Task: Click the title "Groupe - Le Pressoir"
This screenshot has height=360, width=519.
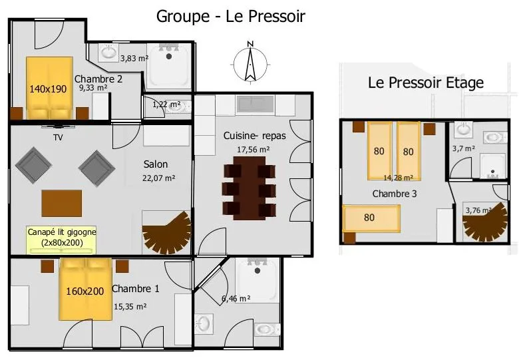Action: [x=230, y=16]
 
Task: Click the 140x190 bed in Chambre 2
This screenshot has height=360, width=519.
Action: [x=49, y=88]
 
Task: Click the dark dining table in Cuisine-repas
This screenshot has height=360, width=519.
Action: [x=250, y=188]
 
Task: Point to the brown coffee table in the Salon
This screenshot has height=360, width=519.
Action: [x=62, y=203]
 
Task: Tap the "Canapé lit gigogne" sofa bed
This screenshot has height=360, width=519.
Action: [x=61, y=240]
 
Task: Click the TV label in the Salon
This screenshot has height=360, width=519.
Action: [x=58, y=137]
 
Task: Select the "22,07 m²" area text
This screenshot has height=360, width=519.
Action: [x=158, y=178]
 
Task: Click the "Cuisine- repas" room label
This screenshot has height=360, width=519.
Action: [x=255, y=136]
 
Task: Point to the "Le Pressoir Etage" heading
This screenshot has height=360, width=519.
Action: [x=426, y=83]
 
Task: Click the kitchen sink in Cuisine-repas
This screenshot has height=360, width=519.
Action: [x=255, y=104]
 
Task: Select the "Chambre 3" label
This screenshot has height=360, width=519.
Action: [x=394, y=194]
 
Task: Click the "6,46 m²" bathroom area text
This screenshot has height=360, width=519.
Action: [x=236, y=299]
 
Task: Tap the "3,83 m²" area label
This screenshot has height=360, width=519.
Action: [x=134, y=59]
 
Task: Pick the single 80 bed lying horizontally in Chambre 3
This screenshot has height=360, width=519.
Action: [x=372, y=218]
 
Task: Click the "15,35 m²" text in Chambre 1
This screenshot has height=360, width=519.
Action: [x=130, y=307]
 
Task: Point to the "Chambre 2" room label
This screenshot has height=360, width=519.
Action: [x=98, y=79]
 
